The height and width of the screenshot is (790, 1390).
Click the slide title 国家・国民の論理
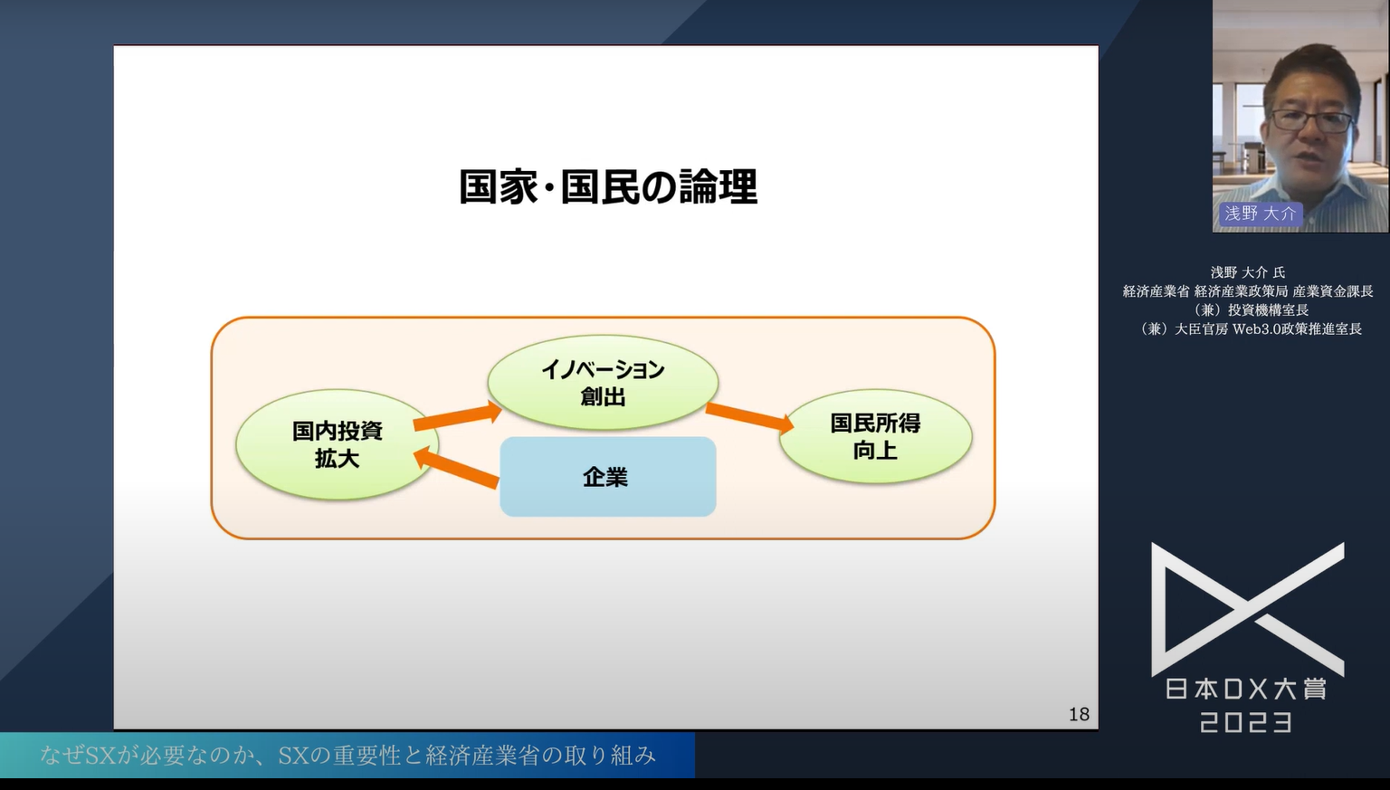607,187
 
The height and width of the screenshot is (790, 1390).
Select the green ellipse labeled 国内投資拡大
337,444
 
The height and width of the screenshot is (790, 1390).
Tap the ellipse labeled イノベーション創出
603,383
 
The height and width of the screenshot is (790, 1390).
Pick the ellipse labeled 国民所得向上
875,436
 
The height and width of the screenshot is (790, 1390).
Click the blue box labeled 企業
607,477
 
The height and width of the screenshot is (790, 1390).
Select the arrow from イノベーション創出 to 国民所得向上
748,417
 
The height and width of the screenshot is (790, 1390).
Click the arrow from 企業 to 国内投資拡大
457,468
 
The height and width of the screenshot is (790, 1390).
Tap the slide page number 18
1079,714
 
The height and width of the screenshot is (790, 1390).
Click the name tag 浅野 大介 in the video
1260,214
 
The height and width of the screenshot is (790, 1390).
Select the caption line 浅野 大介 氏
1248,272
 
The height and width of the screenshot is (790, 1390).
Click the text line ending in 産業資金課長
1248,291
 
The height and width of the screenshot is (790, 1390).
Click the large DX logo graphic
1247,608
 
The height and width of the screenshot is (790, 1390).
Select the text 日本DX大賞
1246,690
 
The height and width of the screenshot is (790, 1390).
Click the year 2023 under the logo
1246,722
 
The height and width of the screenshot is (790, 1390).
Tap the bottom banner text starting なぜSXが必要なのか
347,755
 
